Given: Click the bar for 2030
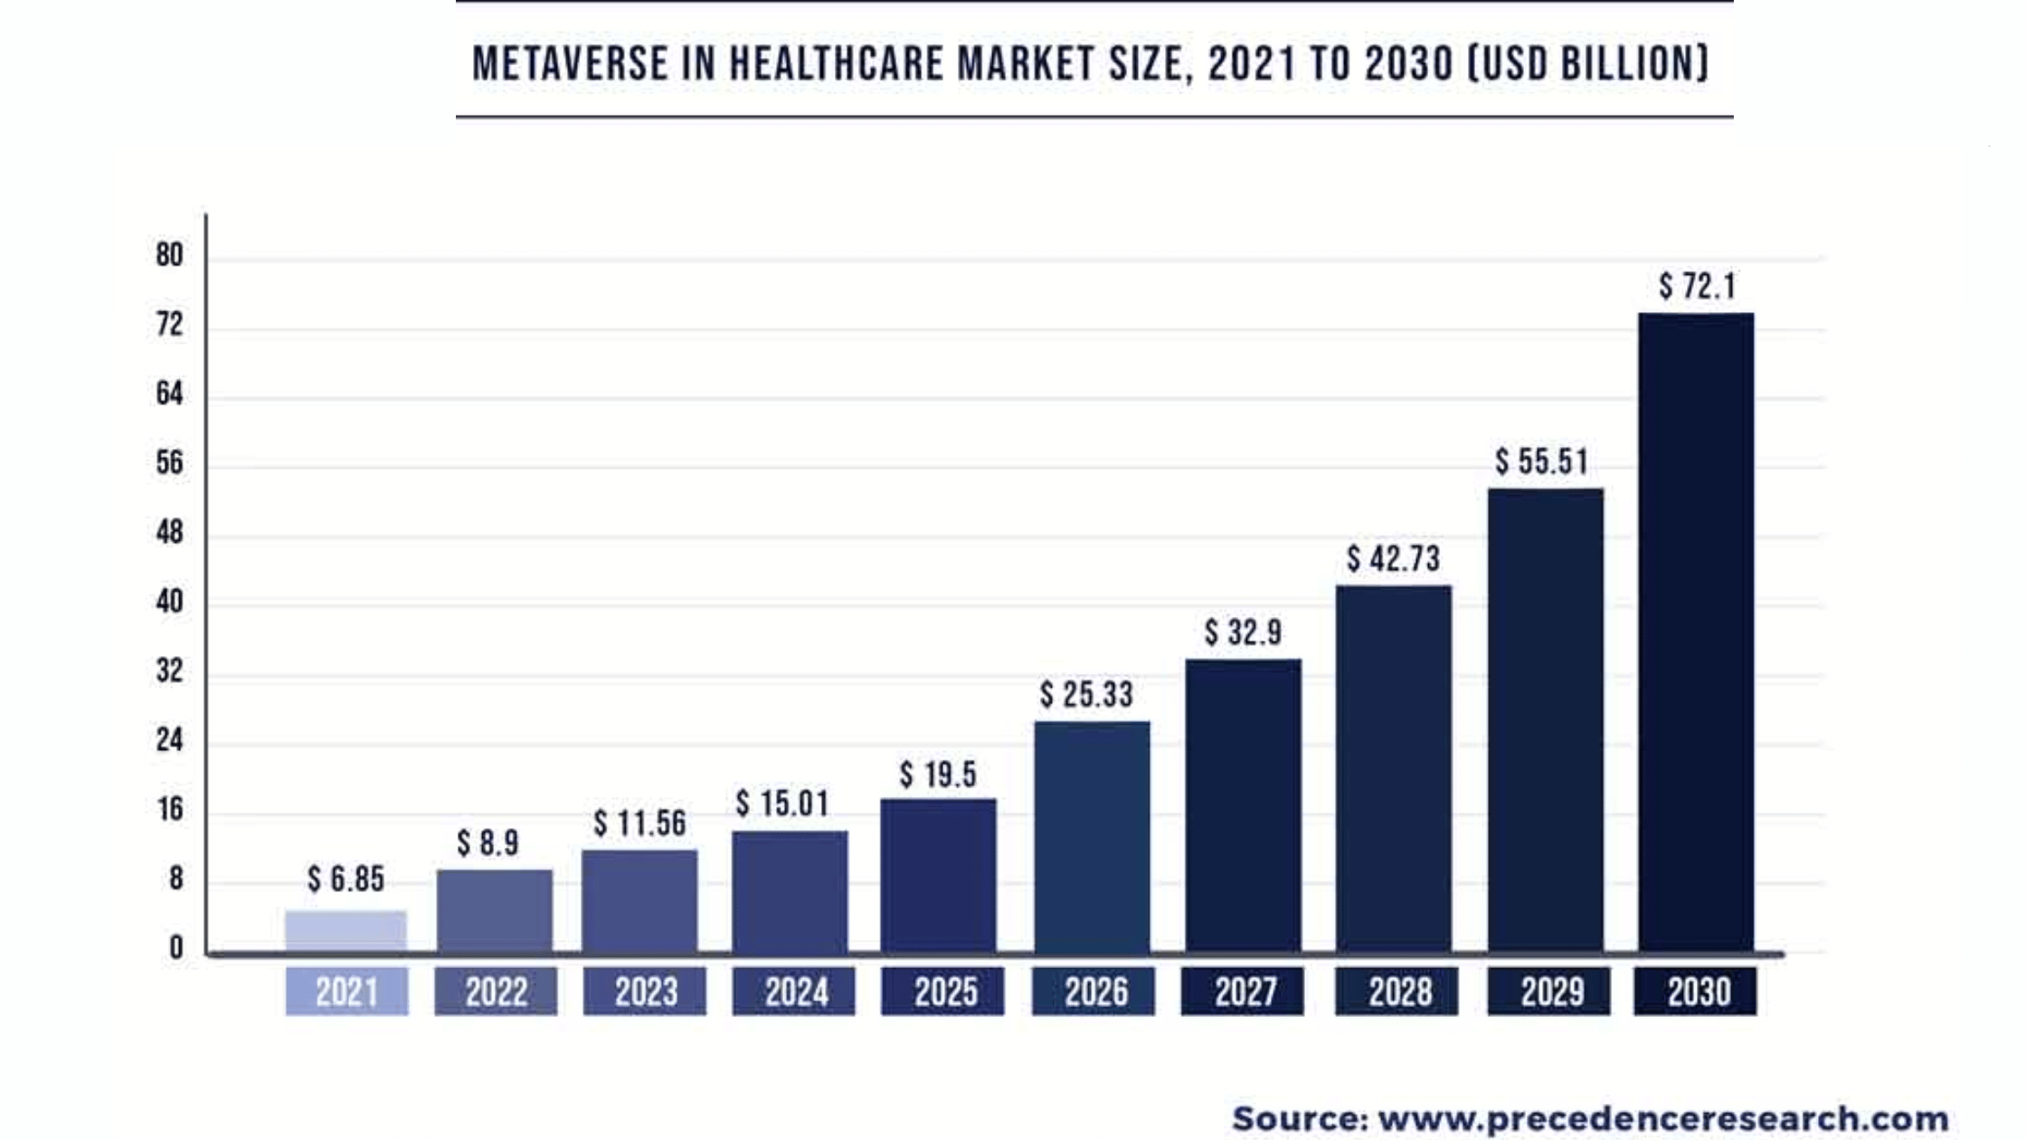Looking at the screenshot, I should coord(1696,633).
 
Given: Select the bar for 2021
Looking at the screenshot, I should coord(346,932).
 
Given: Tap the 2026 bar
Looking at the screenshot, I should coord(1093,837).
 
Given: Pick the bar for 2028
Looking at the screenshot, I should coord(1394,769).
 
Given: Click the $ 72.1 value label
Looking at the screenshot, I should coord(1698,287).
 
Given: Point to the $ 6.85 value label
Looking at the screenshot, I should coord(346,879).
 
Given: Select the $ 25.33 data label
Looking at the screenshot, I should coord(1086,695).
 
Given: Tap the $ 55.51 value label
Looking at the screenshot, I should coord(1541,462).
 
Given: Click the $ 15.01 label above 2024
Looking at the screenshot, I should coord(782,803).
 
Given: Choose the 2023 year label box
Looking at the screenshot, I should coord(645,992).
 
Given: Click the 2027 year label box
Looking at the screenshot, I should coord(1243,992).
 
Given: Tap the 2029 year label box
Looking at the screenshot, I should coord(1549,992).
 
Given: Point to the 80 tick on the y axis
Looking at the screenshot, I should coord(169,256).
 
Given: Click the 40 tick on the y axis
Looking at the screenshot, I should coord(169,603).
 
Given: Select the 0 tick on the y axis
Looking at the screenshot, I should coord(175,948).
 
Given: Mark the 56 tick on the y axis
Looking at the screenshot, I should coord(169,464).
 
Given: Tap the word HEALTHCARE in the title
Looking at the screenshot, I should coord(837,64).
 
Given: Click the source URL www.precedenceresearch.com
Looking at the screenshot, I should coord(1662,1119).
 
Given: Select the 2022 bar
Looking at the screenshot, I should coord(495,911).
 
